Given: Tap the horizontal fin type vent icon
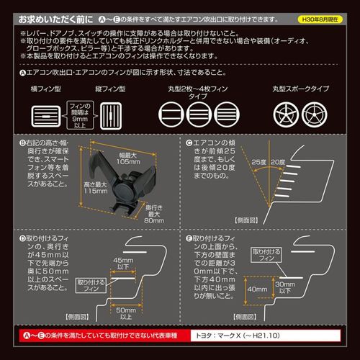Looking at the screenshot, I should (x=48, y=115).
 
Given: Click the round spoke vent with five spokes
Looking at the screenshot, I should (x=285, y=115).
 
